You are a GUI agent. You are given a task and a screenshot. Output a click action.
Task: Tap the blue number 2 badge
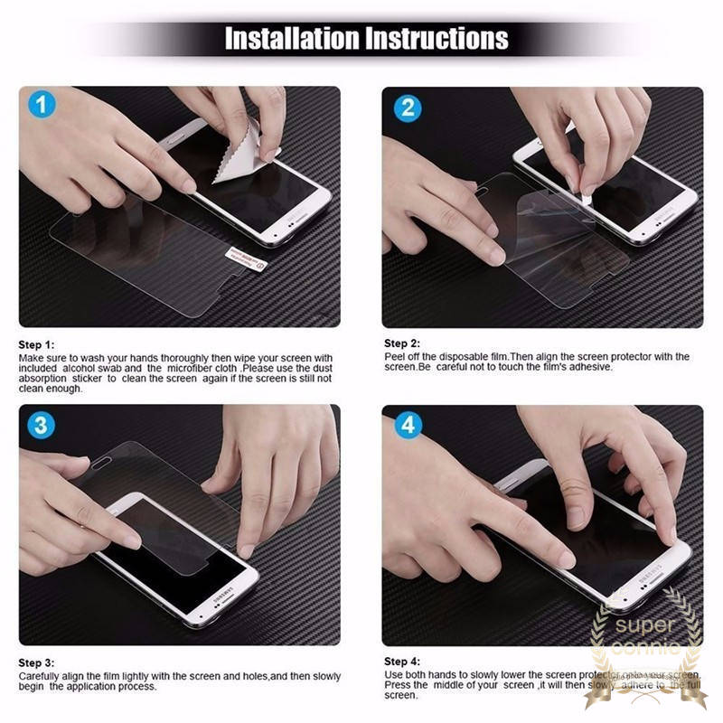(408, 108)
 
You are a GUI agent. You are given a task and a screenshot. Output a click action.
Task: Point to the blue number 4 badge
(408, 425)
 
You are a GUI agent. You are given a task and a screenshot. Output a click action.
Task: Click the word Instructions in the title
(437, 39)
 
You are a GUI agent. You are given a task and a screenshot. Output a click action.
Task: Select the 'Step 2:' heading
(402, 343)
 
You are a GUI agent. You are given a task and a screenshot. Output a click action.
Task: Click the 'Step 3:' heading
(37, 662)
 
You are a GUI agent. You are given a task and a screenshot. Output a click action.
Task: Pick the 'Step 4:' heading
(402, 662)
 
